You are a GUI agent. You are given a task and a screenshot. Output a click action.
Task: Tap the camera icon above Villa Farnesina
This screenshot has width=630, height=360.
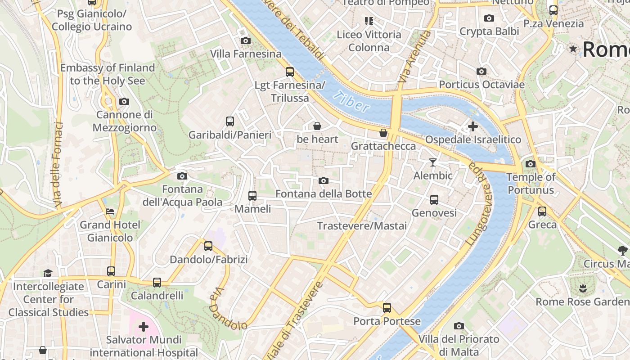245,40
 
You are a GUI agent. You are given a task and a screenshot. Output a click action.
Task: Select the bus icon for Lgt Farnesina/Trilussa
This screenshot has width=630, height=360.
290,72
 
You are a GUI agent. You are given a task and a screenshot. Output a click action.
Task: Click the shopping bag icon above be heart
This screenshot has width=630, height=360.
317,126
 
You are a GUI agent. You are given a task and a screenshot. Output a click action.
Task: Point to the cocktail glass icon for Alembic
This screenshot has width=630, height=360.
433,162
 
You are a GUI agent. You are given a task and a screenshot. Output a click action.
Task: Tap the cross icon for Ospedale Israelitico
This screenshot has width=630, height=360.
472,126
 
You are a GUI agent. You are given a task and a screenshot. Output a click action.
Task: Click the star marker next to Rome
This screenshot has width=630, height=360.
573,49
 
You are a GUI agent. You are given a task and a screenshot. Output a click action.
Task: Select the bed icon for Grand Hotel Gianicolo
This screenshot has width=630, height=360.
110,211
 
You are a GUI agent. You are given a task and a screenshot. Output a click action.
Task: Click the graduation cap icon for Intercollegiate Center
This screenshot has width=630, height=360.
48,273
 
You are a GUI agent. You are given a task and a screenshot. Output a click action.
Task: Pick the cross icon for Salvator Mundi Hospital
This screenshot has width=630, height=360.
144,326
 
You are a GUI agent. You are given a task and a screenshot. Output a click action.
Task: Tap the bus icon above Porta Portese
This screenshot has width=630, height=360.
387,308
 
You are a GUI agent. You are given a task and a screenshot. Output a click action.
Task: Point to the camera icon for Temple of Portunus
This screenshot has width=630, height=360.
531,164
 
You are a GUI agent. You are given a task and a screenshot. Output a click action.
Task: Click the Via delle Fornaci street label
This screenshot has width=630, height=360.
58,165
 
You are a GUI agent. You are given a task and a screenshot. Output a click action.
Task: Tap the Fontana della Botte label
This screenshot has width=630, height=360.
324,194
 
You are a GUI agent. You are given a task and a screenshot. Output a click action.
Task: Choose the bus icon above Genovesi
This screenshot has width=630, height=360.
434,199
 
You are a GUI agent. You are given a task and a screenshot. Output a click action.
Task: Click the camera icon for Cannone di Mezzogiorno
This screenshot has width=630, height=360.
124,102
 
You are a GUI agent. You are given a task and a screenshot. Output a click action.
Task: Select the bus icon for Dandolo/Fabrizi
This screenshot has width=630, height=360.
208,246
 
